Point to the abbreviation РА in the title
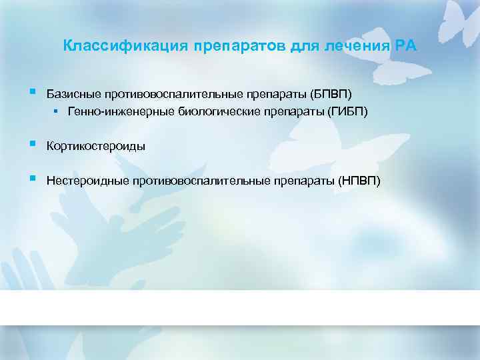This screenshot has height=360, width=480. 406,47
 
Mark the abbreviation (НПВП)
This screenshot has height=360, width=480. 359,181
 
